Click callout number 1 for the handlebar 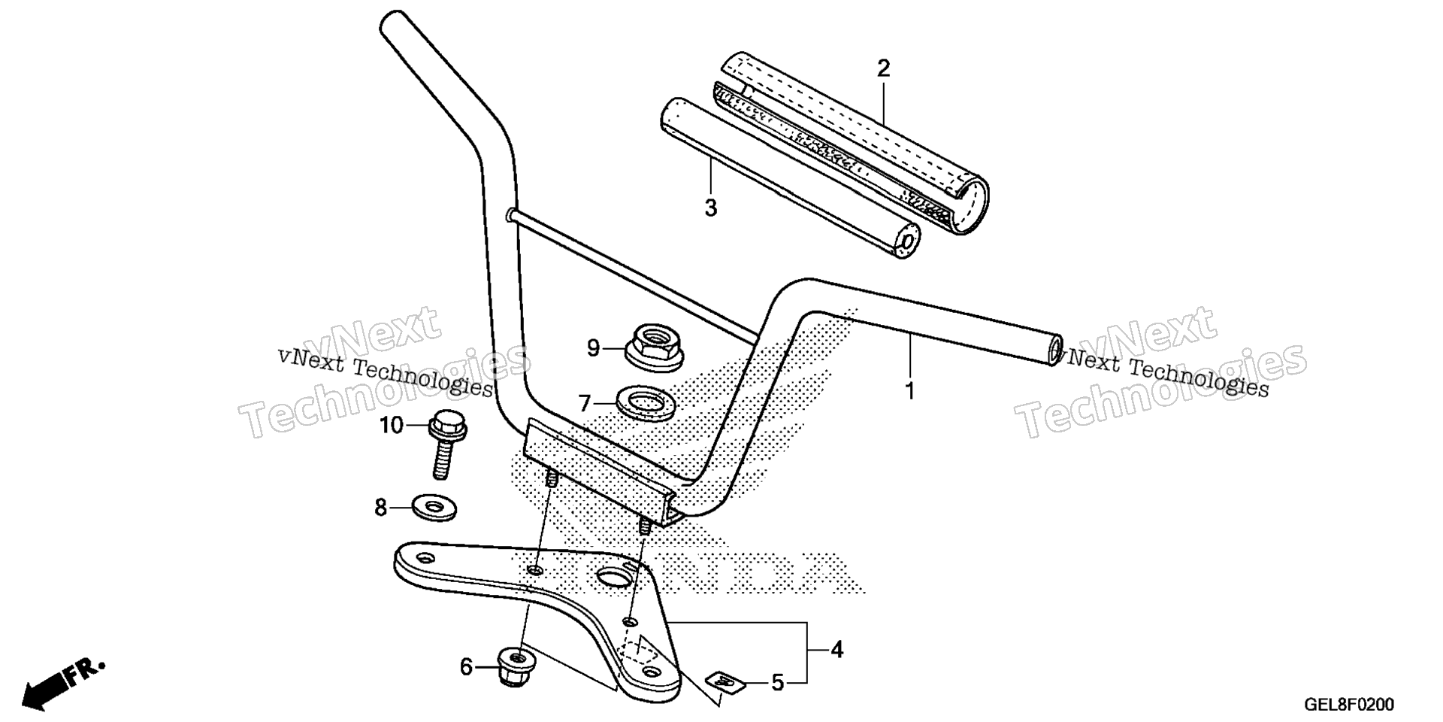(x=909, y=392)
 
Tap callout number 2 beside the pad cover (x=883, y=69)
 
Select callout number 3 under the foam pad (x=711, y=208)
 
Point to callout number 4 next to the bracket (x=836, y=649)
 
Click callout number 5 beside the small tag (x=778, y=683)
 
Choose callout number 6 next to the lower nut (x=466, y=667)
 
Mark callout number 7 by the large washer (x=585, y=404)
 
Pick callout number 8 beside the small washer (x=381, y=508)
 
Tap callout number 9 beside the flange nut (x=593, y=348)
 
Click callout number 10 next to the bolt (x=392, y=426)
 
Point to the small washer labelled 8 (x=434, y=508)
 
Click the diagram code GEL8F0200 (x=1348, y=705)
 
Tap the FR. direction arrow (x=64, y=682)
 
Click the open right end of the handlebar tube (x=1055, y=351)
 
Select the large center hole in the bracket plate (x=616, y=576)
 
